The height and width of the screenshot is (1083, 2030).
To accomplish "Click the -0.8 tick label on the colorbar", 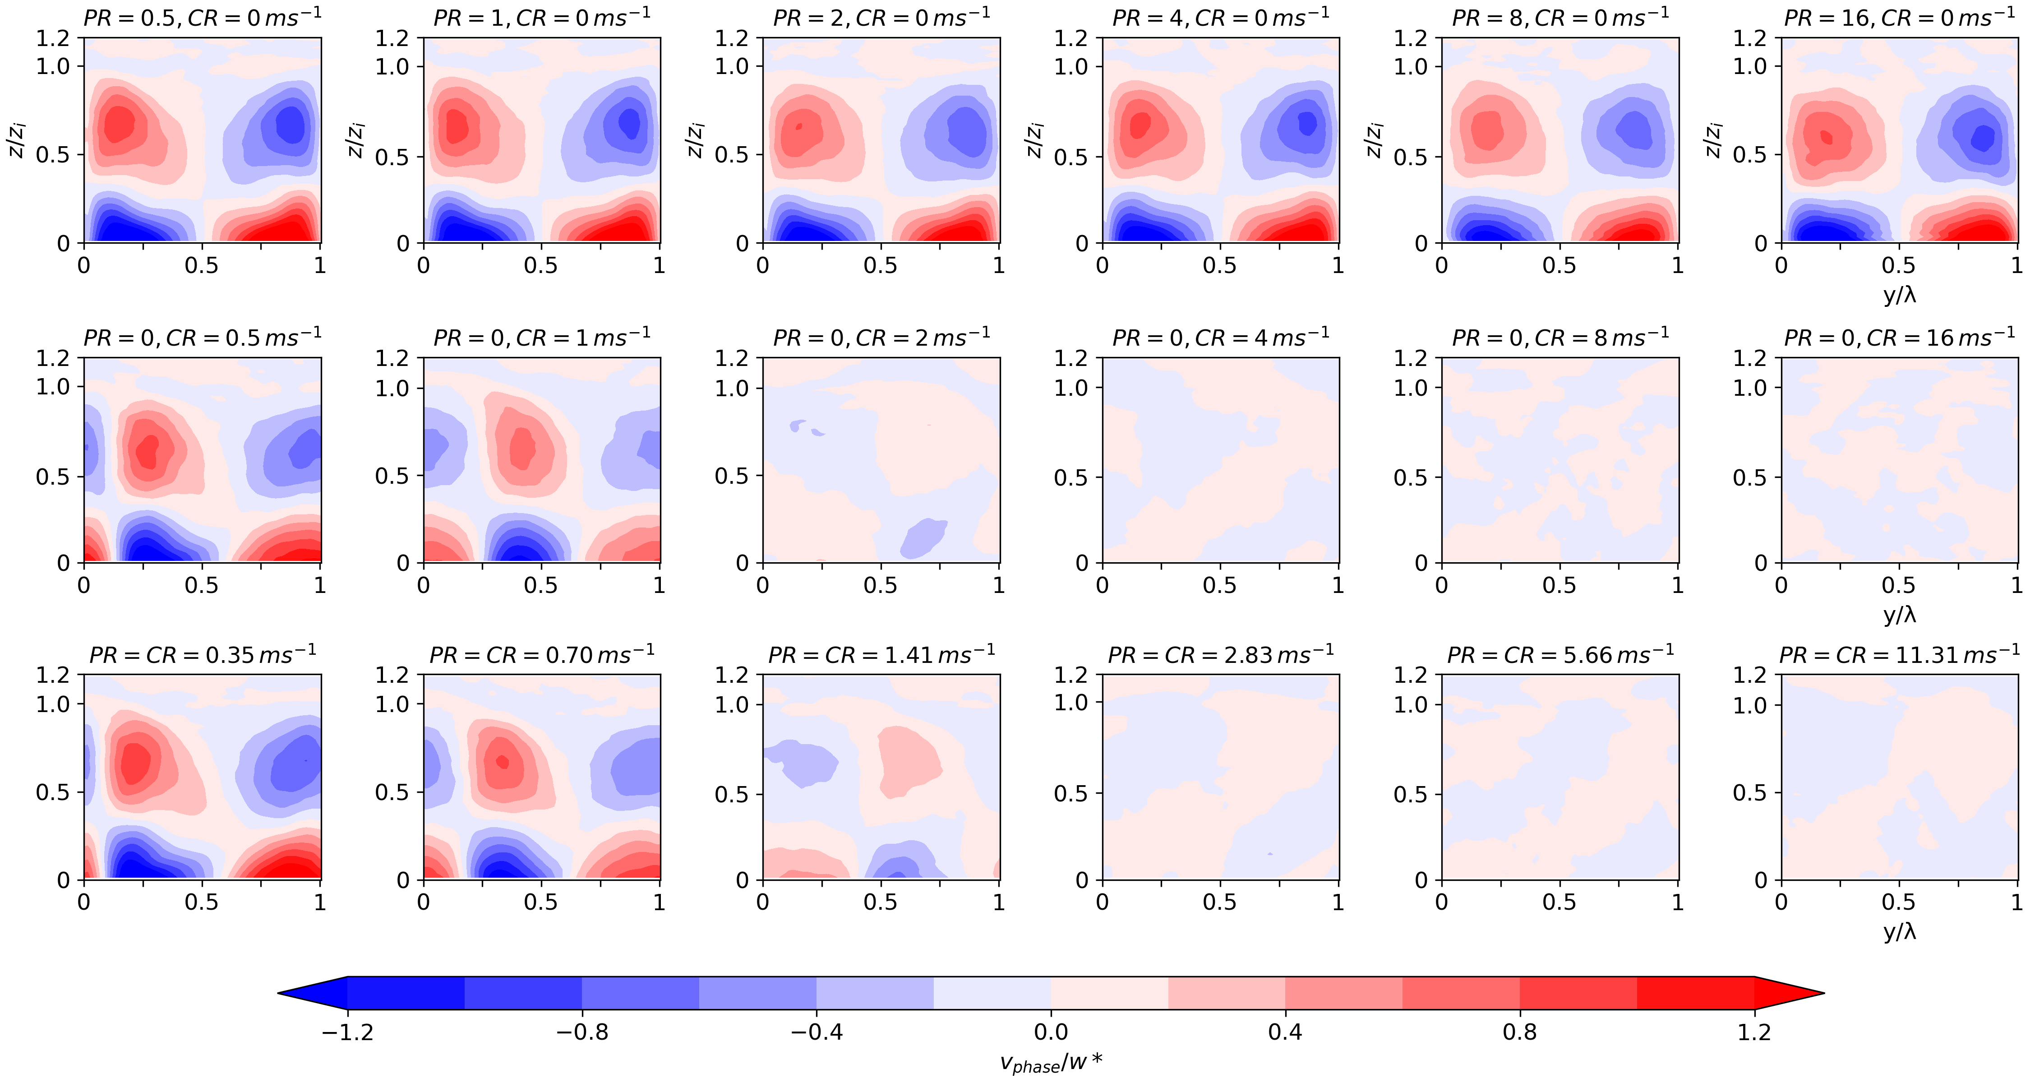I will tap(582, 1032).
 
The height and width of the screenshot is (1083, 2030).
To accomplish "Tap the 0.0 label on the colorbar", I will tap(1051, 1032).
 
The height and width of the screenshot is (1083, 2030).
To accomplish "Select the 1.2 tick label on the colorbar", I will tap(1754, 1032).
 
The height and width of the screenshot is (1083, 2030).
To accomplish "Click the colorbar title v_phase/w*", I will tap(1051, 1063).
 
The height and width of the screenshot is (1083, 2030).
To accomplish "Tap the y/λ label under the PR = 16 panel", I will tap(1899, 295).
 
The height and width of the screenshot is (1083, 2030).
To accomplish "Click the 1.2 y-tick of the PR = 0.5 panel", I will tap(53, 38).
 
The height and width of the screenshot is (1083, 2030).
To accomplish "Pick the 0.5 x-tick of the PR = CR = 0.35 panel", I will tap(202, 902).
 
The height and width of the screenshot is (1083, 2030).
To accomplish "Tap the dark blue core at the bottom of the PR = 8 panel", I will tap(1486, 232).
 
